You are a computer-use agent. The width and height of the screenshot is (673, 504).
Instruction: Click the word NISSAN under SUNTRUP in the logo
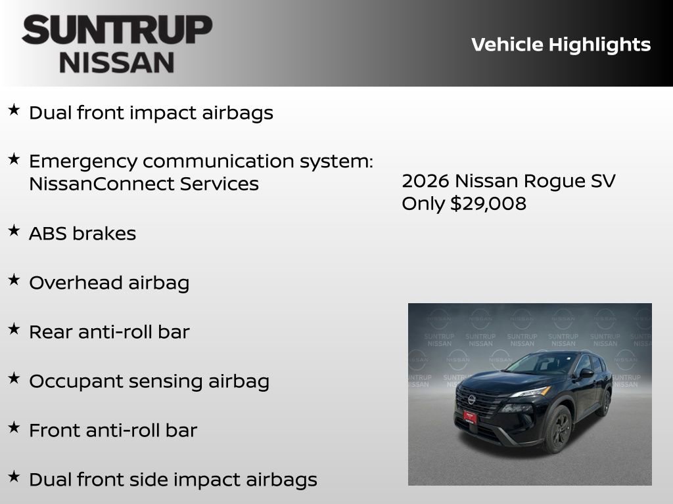(117, 63)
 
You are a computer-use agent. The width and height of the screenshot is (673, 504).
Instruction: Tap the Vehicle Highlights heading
(561, 45)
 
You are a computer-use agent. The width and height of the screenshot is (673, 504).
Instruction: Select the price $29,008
(488, 203)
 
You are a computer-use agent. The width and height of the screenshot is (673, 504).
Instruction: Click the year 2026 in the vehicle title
(425, 180)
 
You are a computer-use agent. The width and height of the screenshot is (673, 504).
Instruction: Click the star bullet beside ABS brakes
(14, 230)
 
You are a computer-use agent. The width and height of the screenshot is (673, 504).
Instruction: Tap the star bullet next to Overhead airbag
(14, 280)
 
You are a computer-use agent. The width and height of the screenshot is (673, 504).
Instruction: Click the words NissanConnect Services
(143, 184)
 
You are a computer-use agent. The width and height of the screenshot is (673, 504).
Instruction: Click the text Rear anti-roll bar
(109, 332)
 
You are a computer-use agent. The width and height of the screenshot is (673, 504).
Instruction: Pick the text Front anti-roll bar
(113, 430)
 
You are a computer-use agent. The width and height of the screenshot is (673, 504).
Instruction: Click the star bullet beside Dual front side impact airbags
(14, 476)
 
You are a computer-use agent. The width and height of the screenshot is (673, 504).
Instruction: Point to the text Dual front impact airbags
(151, 113)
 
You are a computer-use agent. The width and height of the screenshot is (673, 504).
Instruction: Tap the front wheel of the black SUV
(558, 428)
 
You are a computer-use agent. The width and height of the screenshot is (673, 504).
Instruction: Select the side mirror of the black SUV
(585, 373)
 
